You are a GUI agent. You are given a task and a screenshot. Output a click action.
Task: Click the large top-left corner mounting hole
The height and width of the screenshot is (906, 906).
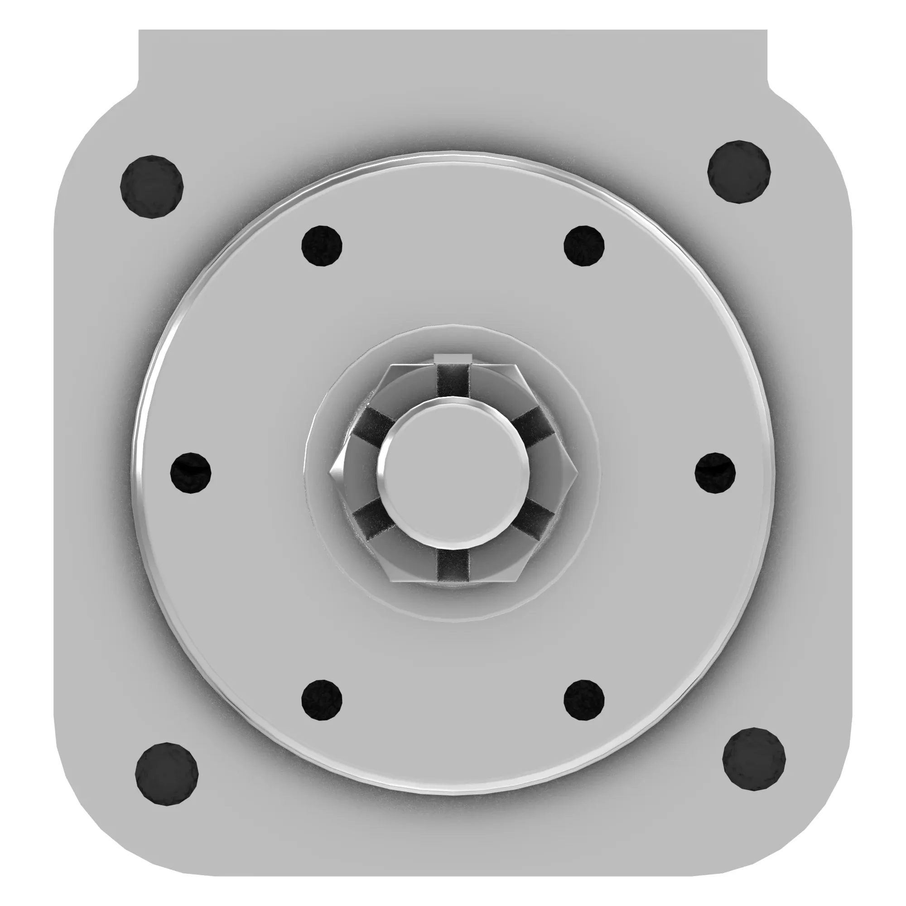[151, 187]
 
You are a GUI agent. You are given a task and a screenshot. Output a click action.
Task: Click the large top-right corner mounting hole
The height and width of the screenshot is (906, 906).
[738, 172]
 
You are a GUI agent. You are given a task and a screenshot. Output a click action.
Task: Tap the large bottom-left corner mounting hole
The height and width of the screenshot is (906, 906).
[166, 774]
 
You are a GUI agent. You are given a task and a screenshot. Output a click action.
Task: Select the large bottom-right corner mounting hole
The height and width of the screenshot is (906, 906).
[754, 759]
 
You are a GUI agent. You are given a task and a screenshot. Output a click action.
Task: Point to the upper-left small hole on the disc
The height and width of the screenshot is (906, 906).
[321, 246]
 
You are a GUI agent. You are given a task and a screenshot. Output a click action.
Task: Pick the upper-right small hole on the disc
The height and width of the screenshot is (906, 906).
[583, 246]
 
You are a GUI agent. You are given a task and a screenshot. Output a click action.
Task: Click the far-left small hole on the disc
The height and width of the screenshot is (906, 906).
[190, 472]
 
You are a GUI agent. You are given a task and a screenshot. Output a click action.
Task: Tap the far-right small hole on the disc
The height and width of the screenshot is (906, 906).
[715, 472]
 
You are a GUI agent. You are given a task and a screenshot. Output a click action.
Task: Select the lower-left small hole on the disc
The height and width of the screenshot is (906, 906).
[321, 699]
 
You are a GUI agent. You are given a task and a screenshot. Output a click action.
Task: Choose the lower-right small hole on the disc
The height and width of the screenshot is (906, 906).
[583, 699]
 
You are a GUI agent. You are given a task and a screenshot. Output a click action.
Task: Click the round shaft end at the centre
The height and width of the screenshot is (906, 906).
[453, 472]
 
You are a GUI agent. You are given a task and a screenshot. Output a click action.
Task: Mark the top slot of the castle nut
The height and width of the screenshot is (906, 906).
[453, 380]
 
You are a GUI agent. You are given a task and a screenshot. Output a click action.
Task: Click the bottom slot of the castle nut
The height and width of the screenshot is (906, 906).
[453, 565]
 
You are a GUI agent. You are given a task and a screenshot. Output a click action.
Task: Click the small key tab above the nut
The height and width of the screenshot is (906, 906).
[452, 359]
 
